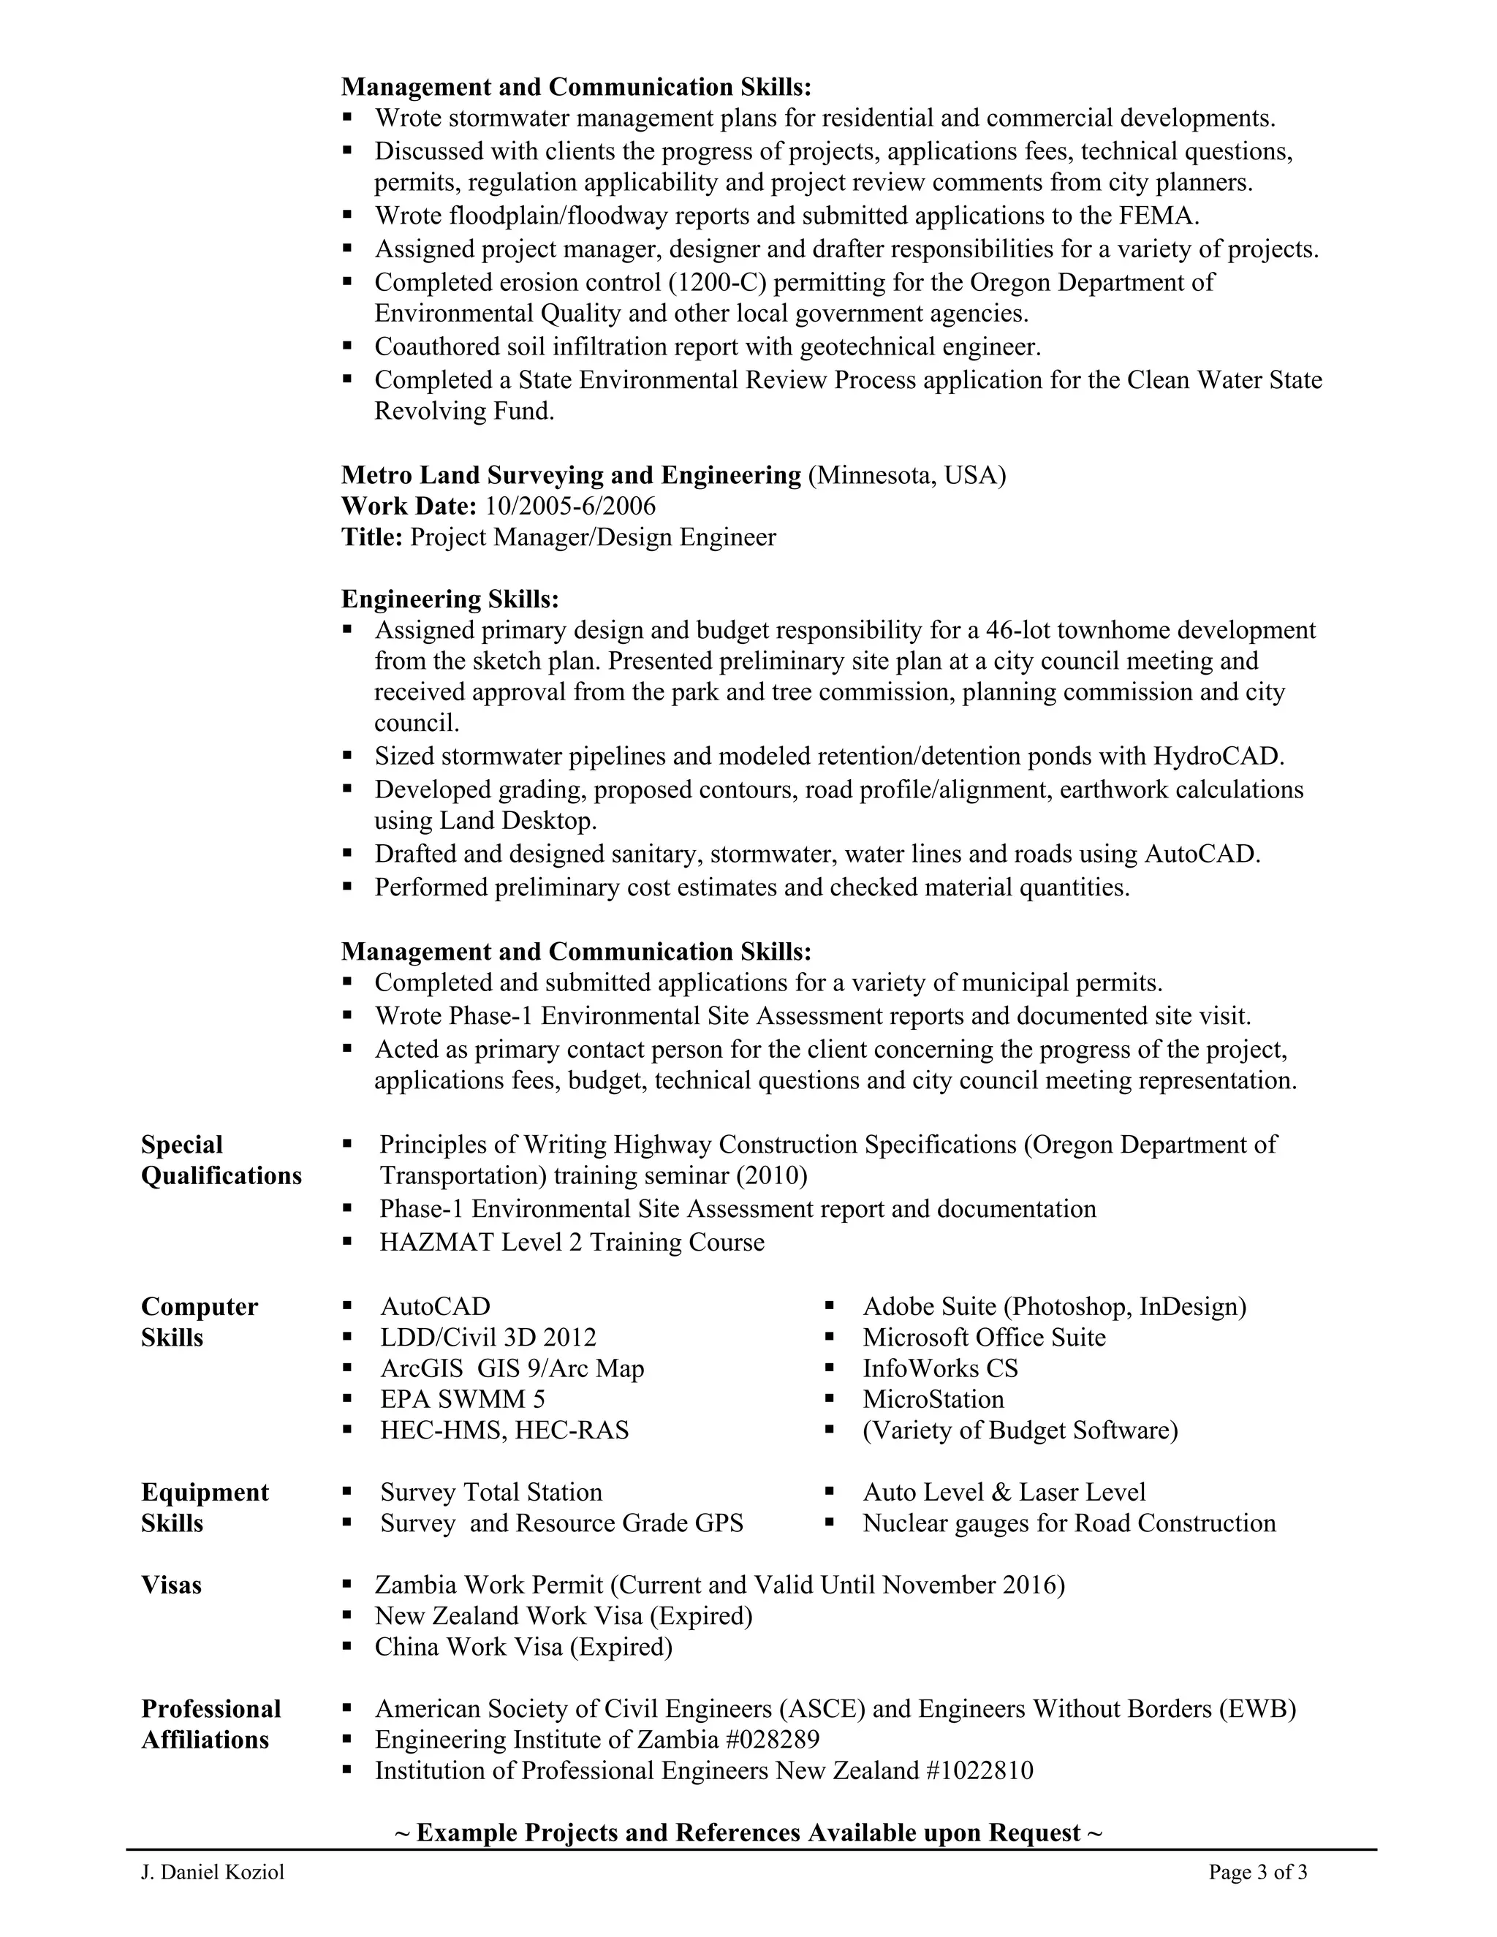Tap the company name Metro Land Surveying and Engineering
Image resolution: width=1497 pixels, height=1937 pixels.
570,475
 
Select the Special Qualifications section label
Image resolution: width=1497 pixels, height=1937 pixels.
221,1160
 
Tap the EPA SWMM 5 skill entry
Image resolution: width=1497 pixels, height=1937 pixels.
462,1400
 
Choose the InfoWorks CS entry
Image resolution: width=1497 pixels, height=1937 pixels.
940,1368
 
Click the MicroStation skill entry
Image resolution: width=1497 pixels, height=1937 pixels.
933,1400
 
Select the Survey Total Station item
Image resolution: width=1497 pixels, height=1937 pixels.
490,1492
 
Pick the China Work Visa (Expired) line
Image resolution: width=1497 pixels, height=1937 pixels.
523,1647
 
